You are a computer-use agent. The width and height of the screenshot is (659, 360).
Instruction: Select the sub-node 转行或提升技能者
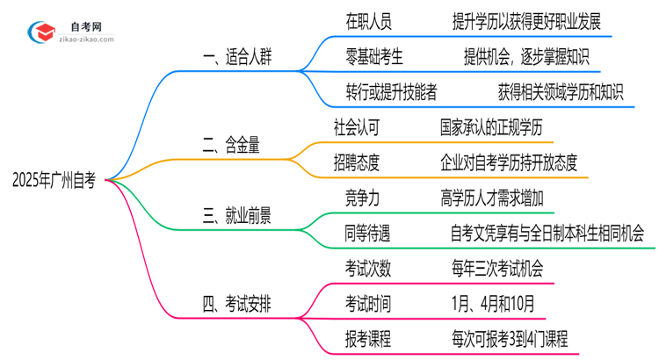pyautogui.click(x=393, y=90)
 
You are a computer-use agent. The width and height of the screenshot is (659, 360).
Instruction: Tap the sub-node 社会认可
pyautogui.click(x=355, y=128)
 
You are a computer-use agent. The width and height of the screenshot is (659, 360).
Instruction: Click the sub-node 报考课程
pyautogui.click(x=368, y=337)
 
